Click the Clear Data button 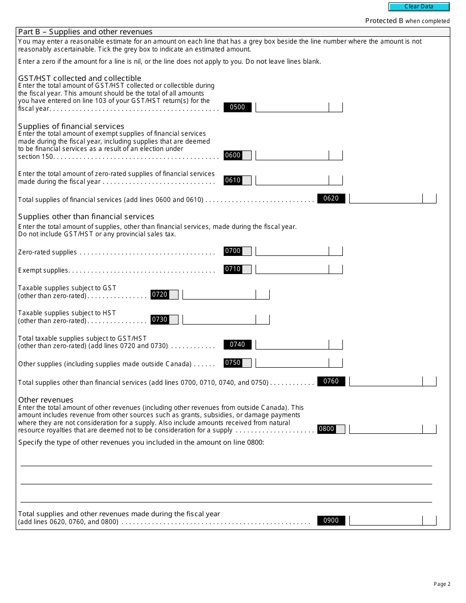419,7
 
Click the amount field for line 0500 292,107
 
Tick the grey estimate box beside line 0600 247,155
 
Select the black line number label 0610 233,180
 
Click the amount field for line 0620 386,199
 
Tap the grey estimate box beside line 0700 247,251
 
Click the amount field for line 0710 292,269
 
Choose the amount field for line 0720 219,294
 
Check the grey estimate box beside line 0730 174,320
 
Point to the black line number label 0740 237,345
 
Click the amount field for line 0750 292,363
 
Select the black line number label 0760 331,381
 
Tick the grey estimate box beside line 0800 340,429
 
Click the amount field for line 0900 386,521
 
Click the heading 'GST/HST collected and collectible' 79,78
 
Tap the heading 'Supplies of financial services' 71,126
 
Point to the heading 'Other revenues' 46,400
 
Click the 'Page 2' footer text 442,584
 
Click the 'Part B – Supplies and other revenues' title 85,32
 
